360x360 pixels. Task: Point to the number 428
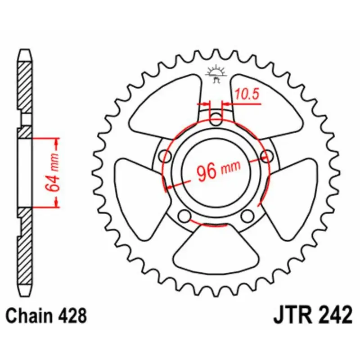(x=72, y=315)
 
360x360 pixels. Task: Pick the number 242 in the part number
(x=335, y=315)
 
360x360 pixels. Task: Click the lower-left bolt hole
(x=184, y=216)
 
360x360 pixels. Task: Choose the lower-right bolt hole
(x=247, y=216)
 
